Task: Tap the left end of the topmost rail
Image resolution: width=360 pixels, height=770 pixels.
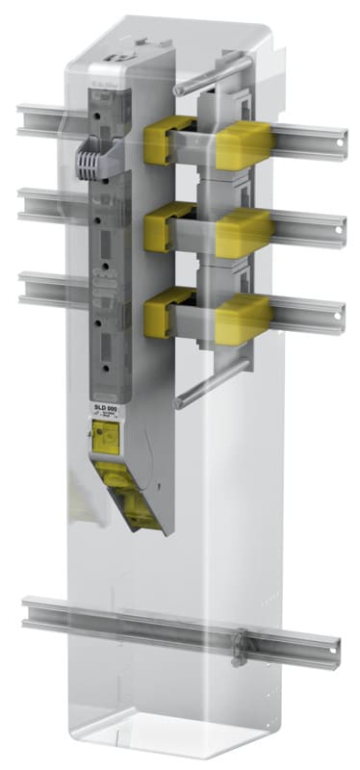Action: [x=27, y=118]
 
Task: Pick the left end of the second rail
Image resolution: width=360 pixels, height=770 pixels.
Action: [x=27, y=202]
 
